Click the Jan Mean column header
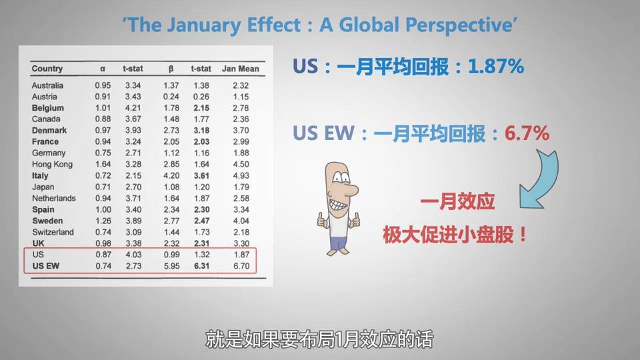click(241, 69)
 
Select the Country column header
click(47, 69)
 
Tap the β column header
click(171, 69)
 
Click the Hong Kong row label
click(52, 164)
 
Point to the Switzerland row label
click(53, 232)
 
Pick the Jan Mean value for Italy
click(241, 175)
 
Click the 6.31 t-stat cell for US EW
click(201, 266)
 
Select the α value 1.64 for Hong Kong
click(103, 164)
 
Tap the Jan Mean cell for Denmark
click(241, 130)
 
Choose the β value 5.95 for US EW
click(171, 266)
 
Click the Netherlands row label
click(54, 198)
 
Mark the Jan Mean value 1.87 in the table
click(241, 254)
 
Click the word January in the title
click(204, 25)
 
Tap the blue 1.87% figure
click(495, 66)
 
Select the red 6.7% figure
click(527, 133)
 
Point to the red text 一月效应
click(457, 201)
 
